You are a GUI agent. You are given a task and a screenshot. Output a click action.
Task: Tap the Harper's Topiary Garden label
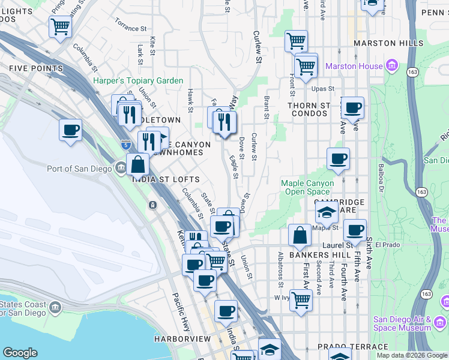[138, 81]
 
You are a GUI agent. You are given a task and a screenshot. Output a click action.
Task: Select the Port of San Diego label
[79, 169]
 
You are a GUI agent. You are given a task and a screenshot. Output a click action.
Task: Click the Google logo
[20, 352]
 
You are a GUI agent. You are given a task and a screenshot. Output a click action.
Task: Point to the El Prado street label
[387, 245]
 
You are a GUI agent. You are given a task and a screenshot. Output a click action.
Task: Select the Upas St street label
[322, 89]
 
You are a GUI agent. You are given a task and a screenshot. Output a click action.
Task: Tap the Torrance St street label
[131, 28]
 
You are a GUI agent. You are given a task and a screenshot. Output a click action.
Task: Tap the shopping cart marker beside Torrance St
[60, 26]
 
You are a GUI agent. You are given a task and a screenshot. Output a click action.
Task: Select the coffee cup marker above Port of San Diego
[70, 130]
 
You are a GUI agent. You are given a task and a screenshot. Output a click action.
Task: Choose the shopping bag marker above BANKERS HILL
[300, 235]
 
